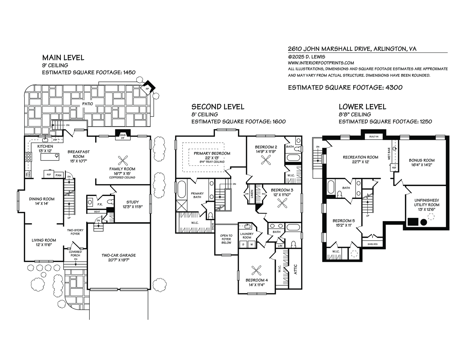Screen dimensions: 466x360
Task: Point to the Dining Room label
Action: click(x=42, y=199)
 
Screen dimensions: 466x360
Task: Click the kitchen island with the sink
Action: click(x=50, y=157)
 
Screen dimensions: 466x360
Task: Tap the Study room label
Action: click(x=133, y=202)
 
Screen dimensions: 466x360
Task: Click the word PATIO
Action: click(x=85, y=103)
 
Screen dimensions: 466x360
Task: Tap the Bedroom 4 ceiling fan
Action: click(x=257, y=270)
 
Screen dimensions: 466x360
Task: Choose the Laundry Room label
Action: click(x=247, y=235)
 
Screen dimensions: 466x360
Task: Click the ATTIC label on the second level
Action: click(x=296, y=269)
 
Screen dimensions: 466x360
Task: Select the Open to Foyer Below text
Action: click(x=226, y=239)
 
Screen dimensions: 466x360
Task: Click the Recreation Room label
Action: click(x=361, y=157)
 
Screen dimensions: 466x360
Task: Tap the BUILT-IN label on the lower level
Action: click(x=374, y=136)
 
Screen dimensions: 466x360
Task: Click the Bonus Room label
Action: click(x=421, y=160)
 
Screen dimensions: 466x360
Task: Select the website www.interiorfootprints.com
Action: click(x=321, y=63)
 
